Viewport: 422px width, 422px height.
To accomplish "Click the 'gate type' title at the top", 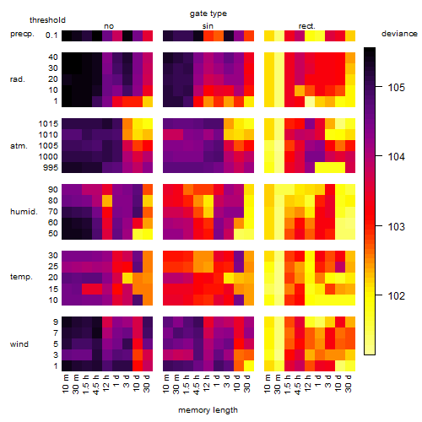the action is [208, 14].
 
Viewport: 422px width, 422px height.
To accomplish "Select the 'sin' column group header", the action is [208, 26].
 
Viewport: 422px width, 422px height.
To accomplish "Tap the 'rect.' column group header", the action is [307, 26].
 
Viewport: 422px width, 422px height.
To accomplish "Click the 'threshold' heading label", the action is [47, 20].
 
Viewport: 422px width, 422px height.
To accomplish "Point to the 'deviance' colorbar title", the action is [399, 34].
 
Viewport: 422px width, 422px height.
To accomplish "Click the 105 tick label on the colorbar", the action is [397, 88].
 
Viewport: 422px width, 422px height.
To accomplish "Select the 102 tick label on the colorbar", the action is [397, 296].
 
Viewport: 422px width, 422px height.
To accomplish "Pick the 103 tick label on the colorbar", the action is [397, 226].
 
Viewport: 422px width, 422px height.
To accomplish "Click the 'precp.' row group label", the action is [22, 34].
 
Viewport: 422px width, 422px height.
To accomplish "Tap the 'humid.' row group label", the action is [24, 212].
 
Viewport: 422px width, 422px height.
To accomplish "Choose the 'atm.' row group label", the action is [19, 146].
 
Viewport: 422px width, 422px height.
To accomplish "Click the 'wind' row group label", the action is [19, 344].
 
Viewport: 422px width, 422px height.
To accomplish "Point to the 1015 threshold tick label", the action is [48, 123].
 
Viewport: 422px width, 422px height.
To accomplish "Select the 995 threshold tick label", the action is [51, 168].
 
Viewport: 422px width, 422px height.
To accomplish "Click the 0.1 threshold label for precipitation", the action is [51, 35].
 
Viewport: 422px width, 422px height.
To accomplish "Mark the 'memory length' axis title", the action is [208, 410].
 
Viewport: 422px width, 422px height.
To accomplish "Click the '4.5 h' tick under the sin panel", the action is [197, 385].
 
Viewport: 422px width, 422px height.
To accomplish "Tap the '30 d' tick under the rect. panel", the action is [349, 384].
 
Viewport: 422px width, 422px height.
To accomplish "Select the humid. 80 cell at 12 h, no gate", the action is [107, 201].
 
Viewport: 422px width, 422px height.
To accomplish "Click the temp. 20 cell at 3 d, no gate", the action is [127, 278].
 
